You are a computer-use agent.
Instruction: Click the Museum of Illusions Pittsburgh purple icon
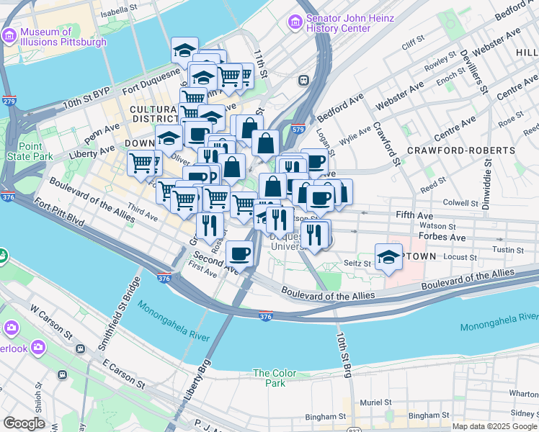click(9, 36)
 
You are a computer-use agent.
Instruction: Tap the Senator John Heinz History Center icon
click(295, 22)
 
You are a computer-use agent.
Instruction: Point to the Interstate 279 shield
click(9, 101)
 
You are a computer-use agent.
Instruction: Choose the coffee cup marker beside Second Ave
click(239, 253)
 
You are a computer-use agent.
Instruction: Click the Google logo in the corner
click(24, 423)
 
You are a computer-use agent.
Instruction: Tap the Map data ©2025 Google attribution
click(494, 426)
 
